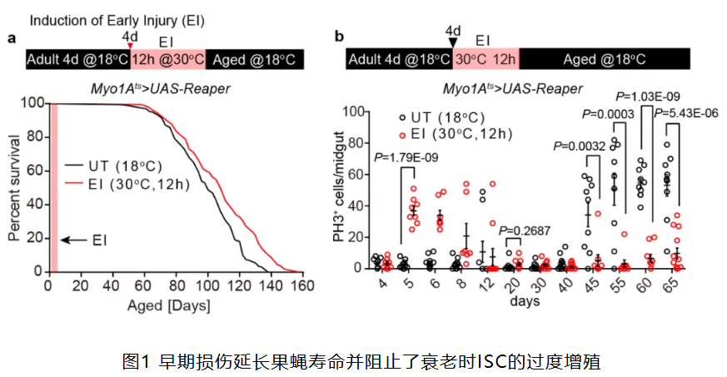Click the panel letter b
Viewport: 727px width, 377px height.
(338, 37)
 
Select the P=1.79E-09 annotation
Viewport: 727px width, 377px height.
(406, 156)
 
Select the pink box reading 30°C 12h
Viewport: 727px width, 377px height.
(485, 60)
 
